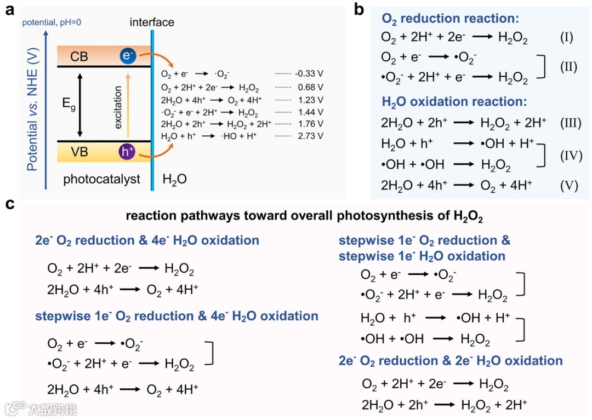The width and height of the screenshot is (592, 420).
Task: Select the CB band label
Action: [79, 56]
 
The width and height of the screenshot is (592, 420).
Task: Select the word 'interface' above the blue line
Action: [152, 22]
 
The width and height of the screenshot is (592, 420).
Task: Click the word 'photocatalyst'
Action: [102, 179]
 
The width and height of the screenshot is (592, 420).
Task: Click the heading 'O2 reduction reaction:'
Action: [449, 19]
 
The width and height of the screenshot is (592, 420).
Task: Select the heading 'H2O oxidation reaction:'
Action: [454, 102]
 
